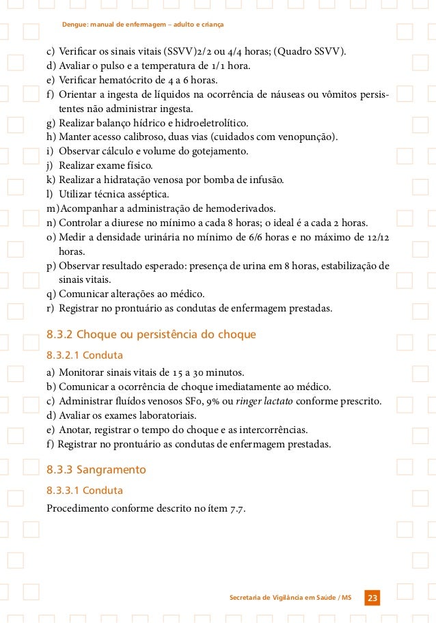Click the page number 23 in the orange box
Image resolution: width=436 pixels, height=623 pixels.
coord(372,599)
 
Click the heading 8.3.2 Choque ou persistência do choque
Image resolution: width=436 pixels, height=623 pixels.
coord(151,335)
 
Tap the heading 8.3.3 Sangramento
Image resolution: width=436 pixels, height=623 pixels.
coord(96,470)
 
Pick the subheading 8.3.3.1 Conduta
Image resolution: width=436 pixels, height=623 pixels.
coord(84,490)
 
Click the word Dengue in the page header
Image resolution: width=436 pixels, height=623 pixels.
coord(76,25)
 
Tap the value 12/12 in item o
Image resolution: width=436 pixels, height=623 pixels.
coord(377,237)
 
